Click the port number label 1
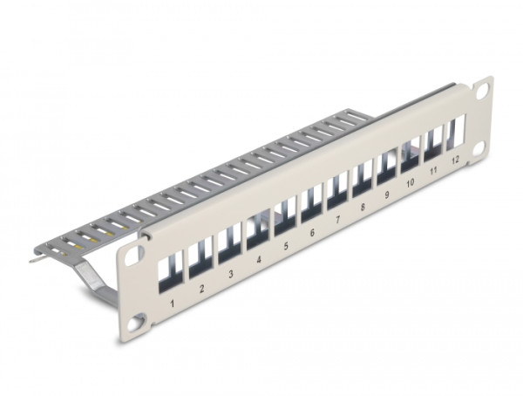pyautogui.click(x=173, y=304)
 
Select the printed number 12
pyautogui.click(x=455, y=161)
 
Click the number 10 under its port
pyautogui.click(x=410, y=185)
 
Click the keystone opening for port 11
pyautogui.click(x=433, y=140)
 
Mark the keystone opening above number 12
pyautogui.click(x=455, y=130)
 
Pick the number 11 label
pyautogui.click(x=433, y=173)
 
